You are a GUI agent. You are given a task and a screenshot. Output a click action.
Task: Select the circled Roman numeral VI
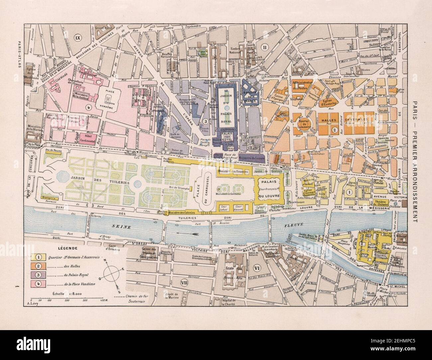pyautogui.click(x=256, y=268)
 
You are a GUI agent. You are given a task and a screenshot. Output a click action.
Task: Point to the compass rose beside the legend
pyautogui.click(x=114, y=270)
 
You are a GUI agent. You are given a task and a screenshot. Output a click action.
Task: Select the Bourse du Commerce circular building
pyautogui.click(x=303, y=124)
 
